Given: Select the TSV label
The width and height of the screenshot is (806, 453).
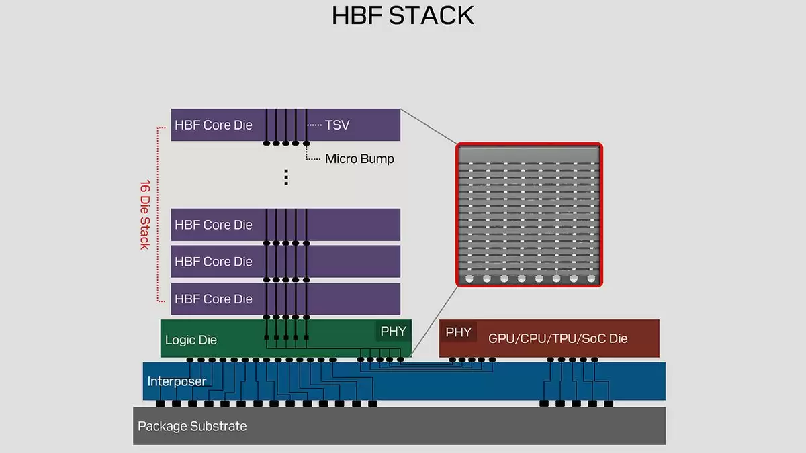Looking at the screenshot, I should click(x=337, y=125).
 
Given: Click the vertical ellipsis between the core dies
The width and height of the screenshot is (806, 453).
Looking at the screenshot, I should click(x=285, y=177).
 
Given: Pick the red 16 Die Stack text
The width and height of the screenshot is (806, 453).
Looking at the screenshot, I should click(x=144, y=213).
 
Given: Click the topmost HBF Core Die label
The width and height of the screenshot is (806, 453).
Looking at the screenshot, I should click(x=214, y=125).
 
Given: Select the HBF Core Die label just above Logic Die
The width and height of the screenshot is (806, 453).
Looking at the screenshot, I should click(x=214, y=299).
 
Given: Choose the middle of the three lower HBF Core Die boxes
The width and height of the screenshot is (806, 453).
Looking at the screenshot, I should click(x=285, y=261).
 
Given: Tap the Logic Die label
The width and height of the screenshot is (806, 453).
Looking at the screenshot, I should click(x=191, y=340).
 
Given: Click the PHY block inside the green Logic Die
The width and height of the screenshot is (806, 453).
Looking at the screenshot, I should click(x=393, y=332).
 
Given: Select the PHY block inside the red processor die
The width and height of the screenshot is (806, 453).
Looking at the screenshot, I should click(x=459, y=332).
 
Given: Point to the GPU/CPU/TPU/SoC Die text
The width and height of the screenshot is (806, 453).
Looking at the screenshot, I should click(x=557, y=338).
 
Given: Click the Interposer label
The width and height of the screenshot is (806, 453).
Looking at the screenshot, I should click(x=177, y=381).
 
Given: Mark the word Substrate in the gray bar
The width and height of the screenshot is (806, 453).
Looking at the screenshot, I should click(x=218, y=426).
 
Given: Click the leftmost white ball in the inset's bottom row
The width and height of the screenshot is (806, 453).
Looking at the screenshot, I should click(x=469, y=278).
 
